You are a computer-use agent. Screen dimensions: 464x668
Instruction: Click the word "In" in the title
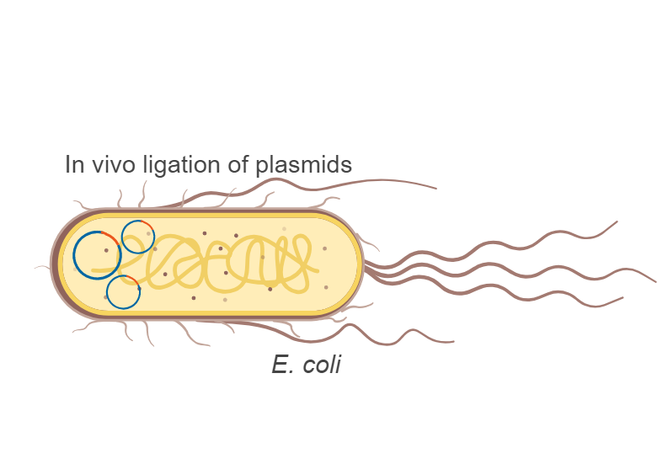[74, 165]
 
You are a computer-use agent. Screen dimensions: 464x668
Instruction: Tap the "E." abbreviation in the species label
[282, 365]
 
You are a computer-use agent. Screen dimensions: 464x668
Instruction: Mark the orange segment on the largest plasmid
[110, 243]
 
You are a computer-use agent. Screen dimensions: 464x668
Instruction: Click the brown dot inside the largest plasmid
[106, 250]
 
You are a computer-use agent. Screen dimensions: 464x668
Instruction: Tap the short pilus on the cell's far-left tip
[42, 267]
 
